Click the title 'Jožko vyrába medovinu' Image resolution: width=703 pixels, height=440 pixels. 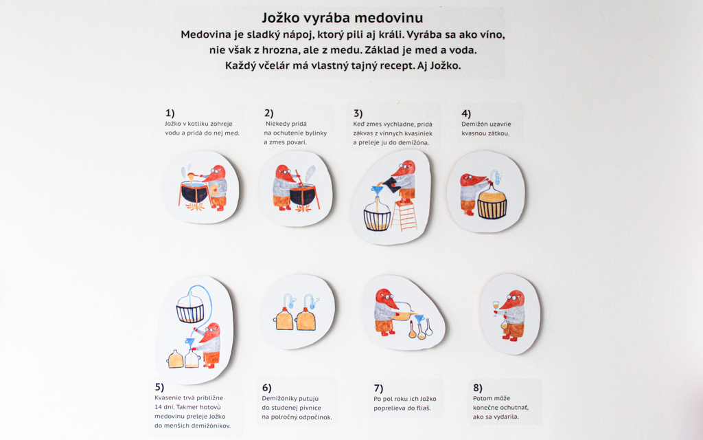[343, 18]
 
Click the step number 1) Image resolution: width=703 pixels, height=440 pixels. [170, 113]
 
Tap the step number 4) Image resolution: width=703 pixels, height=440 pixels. [466, 113]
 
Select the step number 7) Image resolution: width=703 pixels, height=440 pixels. [378, 388]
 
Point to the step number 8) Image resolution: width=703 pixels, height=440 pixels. [478, 388]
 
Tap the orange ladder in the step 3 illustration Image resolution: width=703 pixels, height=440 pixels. [404, 216]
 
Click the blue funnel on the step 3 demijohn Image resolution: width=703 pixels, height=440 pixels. [378, 192]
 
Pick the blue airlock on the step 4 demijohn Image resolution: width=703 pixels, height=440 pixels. [496, 177]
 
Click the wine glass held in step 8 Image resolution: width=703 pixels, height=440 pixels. [496, 308]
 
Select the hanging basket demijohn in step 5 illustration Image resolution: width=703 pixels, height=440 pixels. [190, 307]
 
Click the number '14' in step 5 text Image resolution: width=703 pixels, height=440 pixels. [159, 407]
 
